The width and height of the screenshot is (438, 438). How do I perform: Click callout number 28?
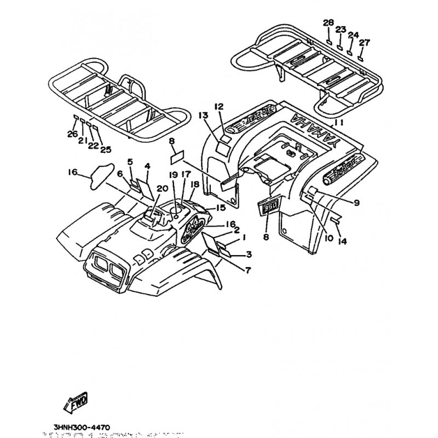[x=328, y=22]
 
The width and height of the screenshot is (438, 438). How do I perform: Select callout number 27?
[x=365, y=42]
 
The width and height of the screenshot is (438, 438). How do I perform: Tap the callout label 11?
[x=339, y=123]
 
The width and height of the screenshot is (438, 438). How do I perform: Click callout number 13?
[x=204, y=115]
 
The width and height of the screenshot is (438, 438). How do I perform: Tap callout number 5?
[x=130, y=162]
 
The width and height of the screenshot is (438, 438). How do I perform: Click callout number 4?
[x=147, y=165]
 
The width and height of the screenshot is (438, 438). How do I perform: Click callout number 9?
[x=356, y=203]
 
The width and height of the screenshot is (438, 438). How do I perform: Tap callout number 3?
[x=249, y=254]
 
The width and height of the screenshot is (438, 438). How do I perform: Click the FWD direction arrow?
[x=76, y=404]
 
